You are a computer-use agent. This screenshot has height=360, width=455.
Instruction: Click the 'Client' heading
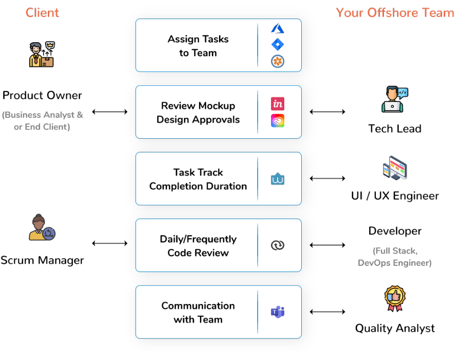point(42,13)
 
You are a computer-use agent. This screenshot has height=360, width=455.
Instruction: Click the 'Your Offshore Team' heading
point(395,13)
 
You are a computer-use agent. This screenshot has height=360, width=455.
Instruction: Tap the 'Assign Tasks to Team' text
point(198,46)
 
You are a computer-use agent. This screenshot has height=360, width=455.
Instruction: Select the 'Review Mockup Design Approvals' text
point(198,113)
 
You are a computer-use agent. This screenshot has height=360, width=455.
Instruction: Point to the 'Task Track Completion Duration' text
point(198,179)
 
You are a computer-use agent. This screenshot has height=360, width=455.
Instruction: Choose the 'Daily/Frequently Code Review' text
point(198,246)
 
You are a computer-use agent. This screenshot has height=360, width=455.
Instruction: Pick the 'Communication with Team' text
point(198,312)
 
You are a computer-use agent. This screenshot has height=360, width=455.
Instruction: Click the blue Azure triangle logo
point(278,29)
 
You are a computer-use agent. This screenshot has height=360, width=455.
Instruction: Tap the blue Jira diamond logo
point(278,45)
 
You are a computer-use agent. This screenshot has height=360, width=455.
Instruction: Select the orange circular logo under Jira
point(278,62)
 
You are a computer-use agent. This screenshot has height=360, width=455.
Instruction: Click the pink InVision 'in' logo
point(278,104)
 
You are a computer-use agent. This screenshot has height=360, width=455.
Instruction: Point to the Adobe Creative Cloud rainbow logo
point(278,121)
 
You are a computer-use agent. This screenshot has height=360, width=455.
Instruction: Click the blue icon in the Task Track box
point(278,179)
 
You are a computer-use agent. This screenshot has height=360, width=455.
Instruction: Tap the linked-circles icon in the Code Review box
point(278,245)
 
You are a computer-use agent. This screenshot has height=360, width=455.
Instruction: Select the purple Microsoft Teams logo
point(278,312)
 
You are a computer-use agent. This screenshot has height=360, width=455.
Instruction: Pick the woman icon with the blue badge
point(42,228)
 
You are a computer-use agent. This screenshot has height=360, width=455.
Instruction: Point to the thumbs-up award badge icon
point(395,298)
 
